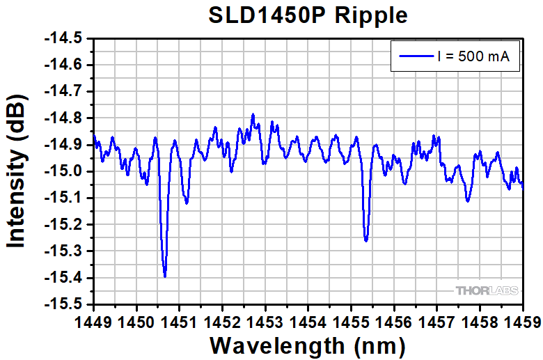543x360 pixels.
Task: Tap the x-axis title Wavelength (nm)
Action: pyautogui.click(x=308, y=345)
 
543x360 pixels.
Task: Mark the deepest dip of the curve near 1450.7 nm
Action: pyautogui.click(x=165, y=276)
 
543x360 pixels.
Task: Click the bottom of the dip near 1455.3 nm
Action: pyautogui.click(x=366, y=241)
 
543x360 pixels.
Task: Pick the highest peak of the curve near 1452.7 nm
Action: pyautogui.click(x=253, y=114)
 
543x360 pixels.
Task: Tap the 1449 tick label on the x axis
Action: pyautogui.click(x=93, y=321)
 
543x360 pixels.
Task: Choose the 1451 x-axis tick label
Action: pyautogui.click(x=179, y=321)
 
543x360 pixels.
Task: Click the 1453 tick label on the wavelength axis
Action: pyautogui.click(x=265, y=321)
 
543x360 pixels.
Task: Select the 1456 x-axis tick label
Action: pyautogui.click(x=394, y=321)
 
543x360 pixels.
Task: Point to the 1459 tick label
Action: pyautogui.click(x=522, y=321)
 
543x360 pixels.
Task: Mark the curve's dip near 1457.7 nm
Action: pyautogui.click(x=468, y=201)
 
